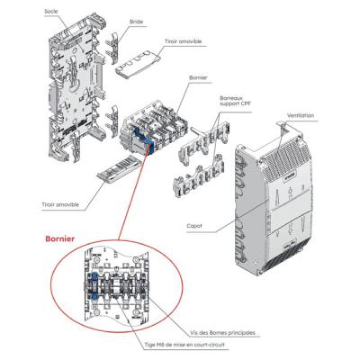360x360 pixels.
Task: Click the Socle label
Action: click(x=51, y=12)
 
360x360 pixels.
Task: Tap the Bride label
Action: click(x=136, y=22)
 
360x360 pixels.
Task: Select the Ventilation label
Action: click(x=301, y=115)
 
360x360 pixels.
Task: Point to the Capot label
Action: click(x=194, y=226)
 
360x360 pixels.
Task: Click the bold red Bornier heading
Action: click(x=60, y=238)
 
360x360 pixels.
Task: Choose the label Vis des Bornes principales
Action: click(x=223, y=333)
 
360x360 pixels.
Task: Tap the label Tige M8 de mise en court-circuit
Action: click(x=184, y=345)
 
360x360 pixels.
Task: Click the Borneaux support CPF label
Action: click(x=236, y=101)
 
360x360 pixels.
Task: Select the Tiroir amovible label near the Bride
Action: click(x=183, y=41)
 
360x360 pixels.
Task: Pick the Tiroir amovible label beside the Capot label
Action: click(x=60, y=204)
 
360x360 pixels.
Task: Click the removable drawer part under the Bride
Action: click(x=137, y=64)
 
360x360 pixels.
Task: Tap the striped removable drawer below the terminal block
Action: click(x=119, y=169)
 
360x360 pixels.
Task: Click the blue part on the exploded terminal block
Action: click(x=143, y=139)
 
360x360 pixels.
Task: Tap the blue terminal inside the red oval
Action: click(x=94, y=286)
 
